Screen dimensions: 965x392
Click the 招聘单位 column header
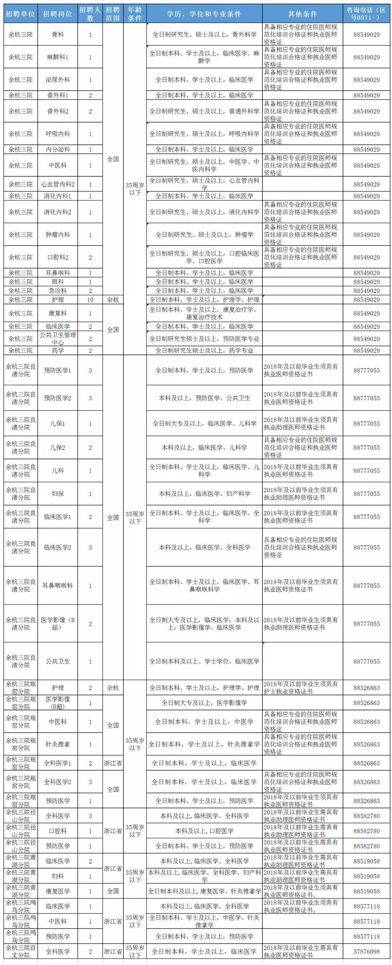coord(21,14)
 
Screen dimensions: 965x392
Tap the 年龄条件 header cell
coord(135,14)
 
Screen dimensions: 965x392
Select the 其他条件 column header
coord(302,14)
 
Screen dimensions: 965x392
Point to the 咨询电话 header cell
coord(366,14)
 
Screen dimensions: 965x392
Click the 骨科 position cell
coord(58,34)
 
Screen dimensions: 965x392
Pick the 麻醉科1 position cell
coord(58,57)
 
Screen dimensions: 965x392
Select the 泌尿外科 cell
coord(58,79)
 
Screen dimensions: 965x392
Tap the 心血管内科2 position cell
coord(58,184)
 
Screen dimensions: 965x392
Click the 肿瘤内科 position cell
coord(58,234)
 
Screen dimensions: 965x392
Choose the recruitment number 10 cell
coord(90,300)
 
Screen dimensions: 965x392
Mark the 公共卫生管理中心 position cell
coord(58,338)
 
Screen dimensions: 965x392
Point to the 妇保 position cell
coord(58,494)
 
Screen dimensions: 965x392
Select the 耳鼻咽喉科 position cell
coord(58,586)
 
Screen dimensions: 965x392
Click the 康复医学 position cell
coord(58,891)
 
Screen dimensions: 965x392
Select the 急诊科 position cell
coord(58,291)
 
